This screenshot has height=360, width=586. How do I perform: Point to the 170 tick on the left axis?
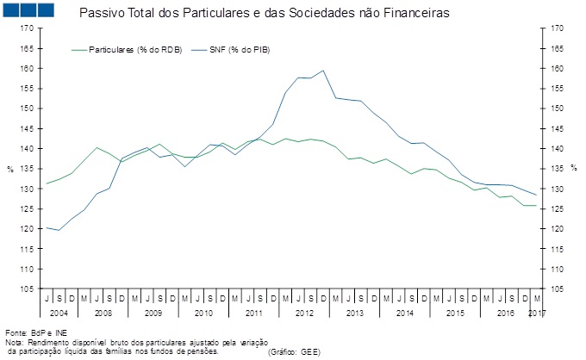coord(28,28)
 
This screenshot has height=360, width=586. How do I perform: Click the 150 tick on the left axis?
coord(28,109)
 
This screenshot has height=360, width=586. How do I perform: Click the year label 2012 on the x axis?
coord(304,311)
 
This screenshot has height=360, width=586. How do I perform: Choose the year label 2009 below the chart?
coord(153,311)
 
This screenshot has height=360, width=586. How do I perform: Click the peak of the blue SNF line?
coord(323,71)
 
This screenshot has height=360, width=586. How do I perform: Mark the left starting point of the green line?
coord(45,183)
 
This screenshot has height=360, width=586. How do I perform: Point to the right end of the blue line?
coord(538,195)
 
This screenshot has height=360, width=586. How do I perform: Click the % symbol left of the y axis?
coord(9,169)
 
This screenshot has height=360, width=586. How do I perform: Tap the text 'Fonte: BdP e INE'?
coord(35,332)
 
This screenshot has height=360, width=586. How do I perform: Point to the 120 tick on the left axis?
coord(28,229)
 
